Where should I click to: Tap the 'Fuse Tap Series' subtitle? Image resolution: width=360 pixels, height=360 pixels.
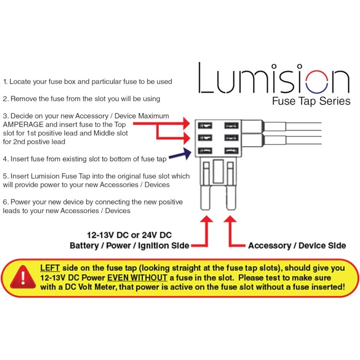(310, 101)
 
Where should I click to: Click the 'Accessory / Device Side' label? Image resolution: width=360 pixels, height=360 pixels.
(296, 245)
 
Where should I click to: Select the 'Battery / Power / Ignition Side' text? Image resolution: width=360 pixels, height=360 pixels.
(129, 245)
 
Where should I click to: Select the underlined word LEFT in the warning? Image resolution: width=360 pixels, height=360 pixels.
(50, 268)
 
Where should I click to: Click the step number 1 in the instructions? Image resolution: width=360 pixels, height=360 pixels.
(5, 81)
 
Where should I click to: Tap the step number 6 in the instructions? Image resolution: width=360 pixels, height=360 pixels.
(5, 202)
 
